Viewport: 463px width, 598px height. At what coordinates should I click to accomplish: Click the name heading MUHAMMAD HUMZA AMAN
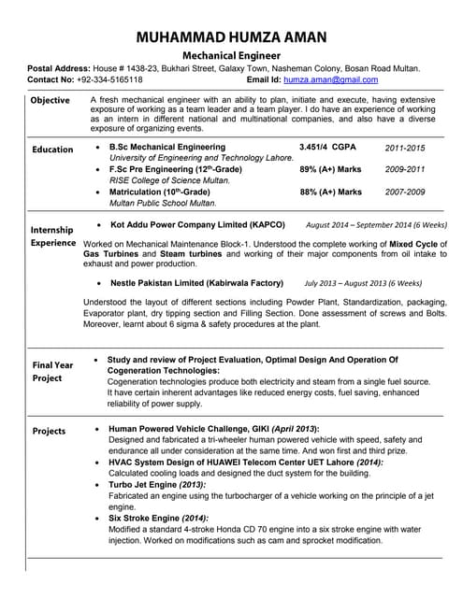(231, 37)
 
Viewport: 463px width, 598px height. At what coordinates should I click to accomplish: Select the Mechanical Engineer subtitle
(231, 56)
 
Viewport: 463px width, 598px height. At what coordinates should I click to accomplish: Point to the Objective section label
(50, 100)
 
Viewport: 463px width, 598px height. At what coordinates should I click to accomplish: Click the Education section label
(52, 149)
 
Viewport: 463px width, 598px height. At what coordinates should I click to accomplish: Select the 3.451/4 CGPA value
(327, 148)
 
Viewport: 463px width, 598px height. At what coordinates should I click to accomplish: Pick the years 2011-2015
(405, 148)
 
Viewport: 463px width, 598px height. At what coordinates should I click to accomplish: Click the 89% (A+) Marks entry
(330, 169)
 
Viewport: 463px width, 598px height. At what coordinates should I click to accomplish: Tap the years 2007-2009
(405, 192)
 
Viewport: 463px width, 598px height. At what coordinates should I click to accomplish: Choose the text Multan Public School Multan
(163, 203)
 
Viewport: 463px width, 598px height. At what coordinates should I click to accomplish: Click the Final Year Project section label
(53, 371)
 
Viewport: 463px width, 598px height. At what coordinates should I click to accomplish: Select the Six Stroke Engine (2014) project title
(158, 518)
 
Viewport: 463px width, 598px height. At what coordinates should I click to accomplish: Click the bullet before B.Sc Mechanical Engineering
(98, 148)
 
